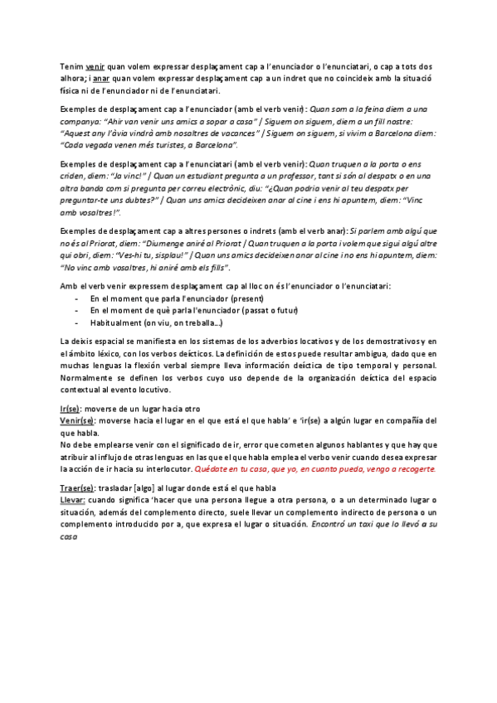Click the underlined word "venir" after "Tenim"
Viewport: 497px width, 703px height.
tap(95, 65)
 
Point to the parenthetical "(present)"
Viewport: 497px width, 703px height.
tap(245, 298)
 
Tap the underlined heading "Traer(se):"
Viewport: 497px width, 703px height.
tap(80, 488)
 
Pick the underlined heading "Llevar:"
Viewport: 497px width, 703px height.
tap(73, 501)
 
